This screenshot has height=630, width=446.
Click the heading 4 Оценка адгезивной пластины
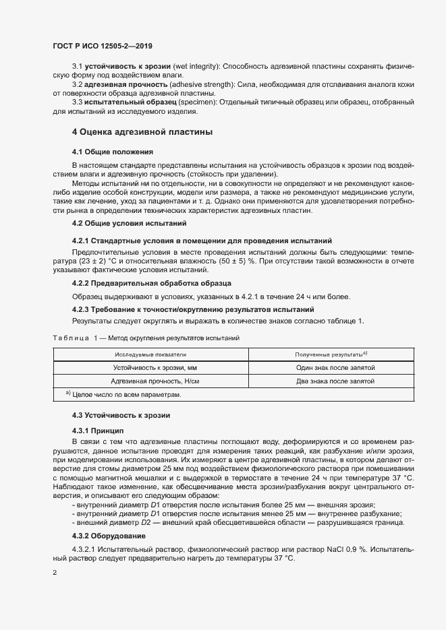click(x=142, y=131)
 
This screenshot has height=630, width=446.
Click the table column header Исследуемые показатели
click(x=150, y=354)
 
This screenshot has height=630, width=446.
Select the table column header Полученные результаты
click(x=331, y=354)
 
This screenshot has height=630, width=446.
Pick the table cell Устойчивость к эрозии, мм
click(x=150, y=368)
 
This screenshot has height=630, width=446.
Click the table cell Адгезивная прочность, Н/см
click(x=150, y=381)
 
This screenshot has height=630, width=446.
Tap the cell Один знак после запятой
click(x=331, y=368)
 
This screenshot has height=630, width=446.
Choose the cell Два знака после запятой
click(x=331, y=381)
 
